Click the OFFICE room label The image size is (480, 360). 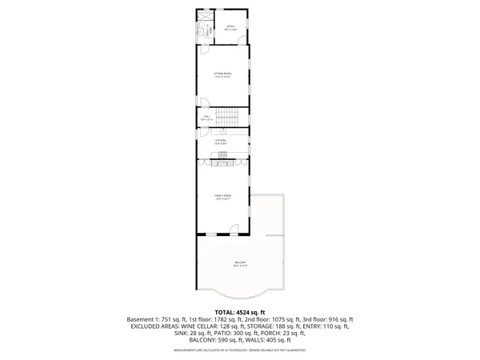pyautogui.click(x=230, y=28)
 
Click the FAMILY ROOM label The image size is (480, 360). pyautogui.click(x=222, y=197)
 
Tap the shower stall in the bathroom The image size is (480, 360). pyautogui.click(x=204, y=16)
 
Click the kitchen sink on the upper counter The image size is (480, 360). pyautogui.click(x=222, y=134)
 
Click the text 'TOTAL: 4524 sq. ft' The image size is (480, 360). pyautogui.click(x=240, y=311)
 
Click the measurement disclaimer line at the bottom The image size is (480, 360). pyautogui.click(x=240, y=350)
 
